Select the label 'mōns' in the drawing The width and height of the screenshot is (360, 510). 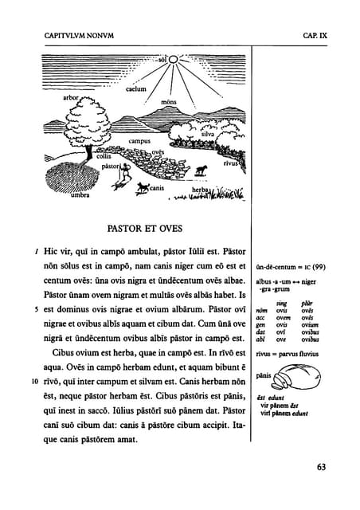169,103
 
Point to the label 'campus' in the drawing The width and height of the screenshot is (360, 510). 145,141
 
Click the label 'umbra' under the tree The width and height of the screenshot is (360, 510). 81,194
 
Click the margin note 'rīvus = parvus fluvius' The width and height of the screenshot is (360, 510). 291,351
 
